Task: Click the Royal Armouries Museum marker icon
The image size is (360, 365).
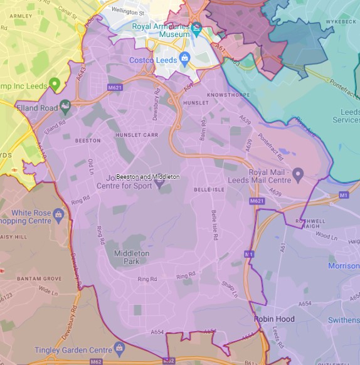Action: point(197,28)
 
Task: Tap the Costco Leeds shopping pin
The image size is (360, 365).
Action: point(184,60)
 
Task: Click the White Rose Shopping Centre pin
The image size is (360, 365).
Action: point(60,215)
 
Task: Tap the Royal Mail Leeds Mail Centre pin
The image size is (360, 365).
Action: point(299,173)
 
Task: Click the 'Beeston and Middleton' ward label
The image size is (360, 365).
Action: point(148,177)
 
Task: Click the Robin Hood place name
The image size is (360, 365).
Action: point(274,319)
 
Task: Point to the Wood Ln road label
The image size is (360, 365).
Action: point(326,236)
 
